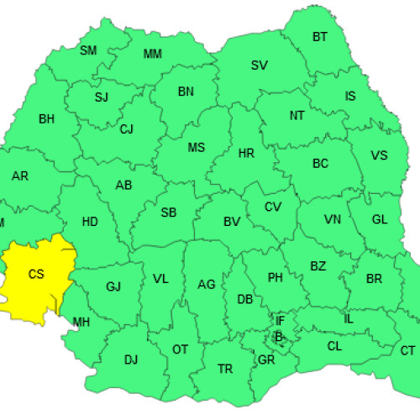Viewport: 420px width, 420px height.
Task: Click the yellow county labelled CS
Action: (x=36, y=274)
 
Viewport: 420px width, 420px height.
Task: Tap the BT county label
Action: (x=320, y=37)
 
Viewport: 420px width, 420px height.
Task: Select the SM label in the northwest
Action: (x=88, y=50)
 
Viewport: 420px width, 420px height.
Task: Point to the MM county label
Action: (x=153, y=55)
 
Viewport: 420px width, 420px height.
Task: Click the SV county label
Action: (x=260, y=66)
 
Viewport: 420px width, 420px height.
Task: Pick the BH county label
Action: (x=46, y=118)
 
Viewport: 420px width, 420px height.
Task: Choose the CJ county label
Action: (x=126, y=129)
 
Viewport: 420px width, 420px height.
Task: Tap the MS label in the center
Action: (x=196, y=148)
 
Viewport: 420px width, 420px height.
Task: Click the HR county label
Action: (x=246, y=155)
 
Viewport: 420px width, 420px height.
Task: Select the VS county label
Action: (x=379, y=156)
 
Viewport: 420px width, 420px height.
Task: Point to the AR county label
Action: (x=20, y=176)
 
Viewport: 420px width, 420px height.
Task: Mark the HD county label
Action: (x=90, y=222)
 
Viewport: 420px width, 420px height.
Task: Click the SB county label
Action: (x=169, y=213)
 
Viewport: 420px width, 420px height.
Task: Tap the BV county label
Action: (x=232, y=223)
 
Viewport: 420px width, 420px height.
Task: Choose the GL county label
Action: (x=380, y=220)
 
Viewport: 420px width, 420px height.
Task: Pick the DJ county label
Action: (x=131, y=360)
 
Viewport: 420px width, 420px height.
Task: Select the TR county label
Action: (x=225, y=369)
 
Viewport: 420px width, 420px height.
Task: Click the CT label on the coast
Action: (x=407, y=350)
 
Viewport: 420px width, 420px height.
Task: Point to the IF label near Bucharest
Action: (x=281, y=321)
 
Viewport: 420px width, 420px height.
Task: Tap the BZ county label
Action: (x=318, y=267)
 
